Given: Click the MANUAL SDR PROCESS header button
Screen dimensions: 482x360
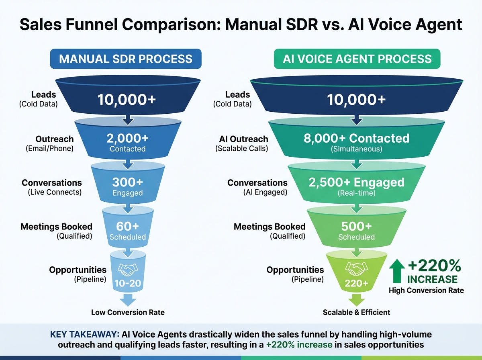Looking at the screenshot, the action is [126, 59].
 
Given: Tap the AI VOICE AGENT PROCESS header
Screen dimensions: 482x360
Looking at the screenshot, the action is [357, 59].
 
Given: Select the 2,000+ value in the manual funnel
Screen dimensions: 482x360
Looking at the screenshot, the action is [128, 138].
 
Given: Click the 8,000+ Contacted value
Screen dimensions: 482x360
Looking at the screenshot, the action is [357, 138].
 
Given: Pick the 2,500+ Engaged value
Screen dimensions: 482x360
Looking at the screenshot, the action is [357, 182].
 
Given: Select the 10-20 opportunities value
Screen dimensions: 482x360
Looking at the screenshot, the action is [128, 283].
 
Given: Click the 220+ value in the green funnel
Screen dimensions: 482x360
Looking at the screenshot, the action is [356, 283].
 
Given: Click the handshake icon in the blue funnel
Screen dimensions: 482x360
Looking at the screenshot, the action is [128, 270].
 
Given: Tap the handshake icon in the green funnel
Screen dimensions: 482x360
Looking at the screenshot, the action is [356, 269].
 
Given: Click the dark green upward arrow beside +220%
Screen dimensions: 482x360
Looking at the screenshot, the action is [397, 271].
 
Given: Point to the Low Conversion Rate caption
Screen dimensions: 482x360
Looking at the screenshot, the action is [128, 312].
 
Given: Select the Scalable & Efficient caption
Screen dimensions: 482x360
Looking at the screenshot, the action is [356, 312].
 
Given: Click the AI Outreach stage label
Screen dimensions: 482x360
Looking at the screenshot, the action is [243, 139].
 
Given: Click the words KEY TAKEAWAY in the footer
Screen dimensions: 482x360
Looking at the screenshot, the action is [85, 335].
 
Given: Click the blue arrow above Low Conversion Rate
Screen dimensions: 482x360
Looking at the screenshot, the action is [128, 299].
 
